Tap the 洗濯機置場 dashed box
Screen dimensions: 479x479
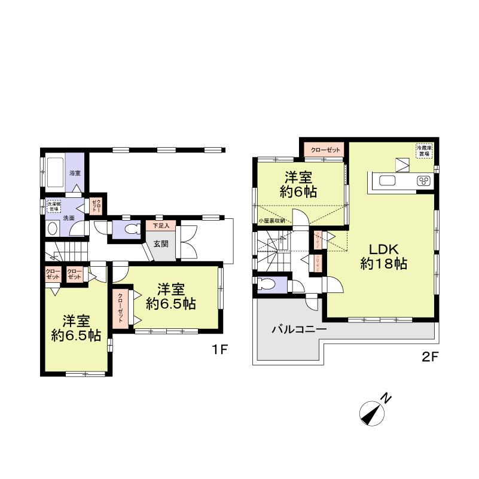pyautogui.click(x=54, y=206)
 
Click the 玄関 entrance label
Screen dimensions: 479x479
pyautogui.click(x=160, y=243)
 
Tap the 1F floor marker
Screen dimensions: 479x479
pyautogui.click(x=219, y=350)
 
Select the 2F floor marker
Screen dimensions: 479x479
pyautogui.click(x=431, y=358)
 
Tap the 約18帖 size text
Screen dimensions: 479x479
pyautogui.click(x=383, y=264)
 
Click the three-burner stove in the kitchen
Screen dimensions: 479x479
pyautogui.click(x=425, y=181)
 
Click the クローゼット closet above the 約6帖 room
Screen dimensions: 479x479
pyautogui.click(x=324, y=150)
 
